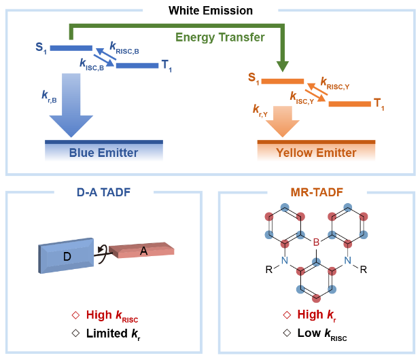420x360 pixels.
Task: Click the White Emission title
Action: click(x=210, y=11)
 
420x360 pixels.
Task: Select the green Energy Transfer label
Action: click(x=220, y=37)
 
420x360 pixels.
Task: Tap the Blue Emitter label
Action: click(x=103, y=153)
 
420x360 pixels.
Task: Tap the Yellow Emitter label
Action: click(x=316, y=153)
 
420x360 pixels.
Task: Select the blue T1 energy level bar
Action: click(x=136, y=65)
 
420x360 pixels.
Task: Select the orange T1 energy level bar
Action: click(x=349, y=104)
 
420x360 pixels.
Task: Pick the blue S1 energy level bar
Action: click(x=71, y=48)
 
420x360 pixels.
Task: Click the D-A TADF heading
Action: click(x=103, y=193)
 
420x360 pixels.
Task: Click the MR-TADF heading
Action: click(x=315, y=193)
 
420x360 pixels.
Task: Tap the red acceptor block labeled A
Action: click(x=143, y=251)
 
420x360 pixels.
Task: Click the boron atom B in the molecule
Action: click(x=315, y=240)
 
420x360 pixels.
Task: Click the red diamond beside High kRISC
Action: click(x=76, y=316)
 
